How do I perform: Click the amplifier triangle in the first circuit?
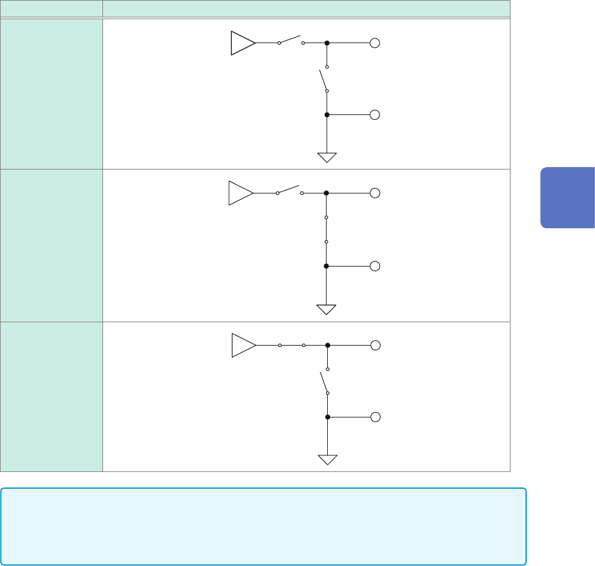[x=241, y=44]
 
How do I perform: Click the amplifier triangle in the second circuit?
[x=239, y=193]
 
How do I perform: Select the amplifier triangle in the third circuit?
[x=242, y=346]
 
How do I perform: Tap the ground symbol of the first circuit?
[x=327, y=158]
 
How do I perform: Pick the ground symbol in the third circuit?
[x=328, y=460]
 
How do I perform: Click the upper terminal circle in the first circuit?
[x=375, y=44]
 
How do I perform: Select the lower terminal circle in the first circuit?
[x=375, y=114]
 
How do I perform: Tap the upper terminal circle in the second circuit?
[x=375, y=193]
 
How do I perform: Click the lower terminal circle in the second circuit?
[x=375, y=266]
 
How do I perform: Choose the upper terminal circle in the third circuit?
[x=376, y=346]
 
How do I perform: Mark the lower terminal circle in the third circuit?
[x=376, y=417]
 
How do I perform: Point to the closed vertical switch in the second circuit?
[x=326, y=229]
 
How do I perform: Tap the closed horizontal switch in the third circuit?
[x=292, y=346]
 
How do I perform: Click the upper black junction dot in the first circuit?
[x=327, y=44]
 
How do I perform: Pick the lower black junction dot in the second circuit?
[x=326, y=266]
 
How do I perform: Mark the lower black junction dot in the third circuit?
[x=327, y=417]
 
